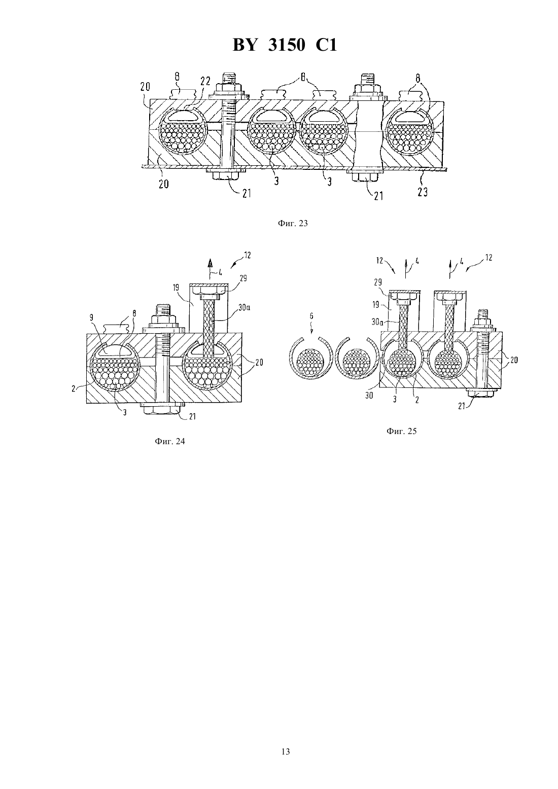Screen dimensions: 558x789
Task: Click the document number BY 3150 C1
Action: tap(285, 46)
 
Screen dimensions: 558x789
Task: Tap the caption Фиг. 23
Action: tap(293, 223)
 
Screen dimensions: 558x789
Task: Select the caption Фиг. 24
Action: tap(170, 441)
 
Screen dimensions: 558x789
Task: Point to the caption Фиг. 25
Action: tap(402, 431)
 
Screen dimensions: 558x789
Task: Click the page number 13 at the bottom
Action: tap(286, 751)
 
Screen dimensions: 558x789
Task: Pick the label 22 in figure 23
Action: tap(205, 82)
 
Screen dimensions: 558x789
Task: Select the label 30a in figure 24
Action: tap(245, 307)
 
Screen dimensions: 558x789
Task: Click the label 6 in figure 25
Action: tap(311, 316)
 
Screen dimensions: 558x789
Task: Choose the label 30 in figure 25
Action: tap(369, 396)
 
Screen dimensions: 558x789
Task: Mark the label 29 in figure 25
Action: tap(377, 282)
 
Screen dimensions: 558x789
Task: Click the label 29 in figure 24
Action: tap(243, 278)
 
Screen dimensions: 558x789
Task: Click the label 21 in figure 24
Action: tap(192, 417)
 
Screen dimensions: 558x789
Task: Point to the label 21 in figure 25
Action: tap(462, 406)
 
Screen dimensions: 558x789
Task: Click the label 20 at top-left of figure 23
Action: tap(145, 87)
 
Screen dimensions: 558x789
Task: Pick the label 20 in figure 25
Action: tap(514, 360)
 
